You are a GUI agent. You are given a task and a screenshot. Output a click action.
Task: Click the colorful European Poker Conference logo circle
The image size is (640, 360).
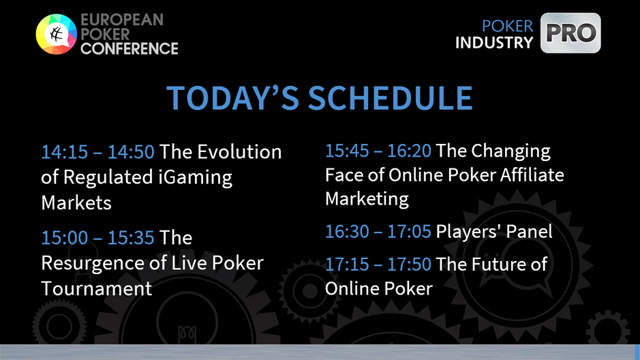(x=57, y=34)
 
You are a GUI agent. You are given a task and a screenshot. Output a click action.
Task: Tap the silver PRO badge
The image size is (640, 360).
(x=570, y=33)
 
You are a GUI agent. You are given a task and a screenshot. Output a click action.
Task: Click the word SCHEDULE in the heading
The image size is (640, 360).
(x=391, y=98)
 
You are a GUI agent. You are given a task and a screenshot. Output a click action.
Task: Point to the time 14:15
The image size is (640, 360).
(x=65, y=152)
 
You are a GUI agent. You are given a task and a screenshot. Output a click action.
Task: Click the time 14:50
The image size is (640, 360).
(x=131, y=152)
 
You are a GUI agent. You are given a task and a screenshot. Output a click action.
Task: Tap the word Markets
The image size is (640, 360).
(x=76, y=203)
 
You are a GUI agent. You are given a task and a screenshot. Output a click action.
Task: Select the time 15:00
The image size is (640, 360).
(x=65, y=237)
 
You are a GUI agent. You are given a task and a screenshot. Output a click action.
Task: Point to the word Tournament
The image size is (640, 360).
(x=97, y=288)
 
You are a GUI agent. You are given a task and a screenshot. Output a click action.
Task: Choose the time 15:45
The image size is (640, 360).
(x=348, y=151)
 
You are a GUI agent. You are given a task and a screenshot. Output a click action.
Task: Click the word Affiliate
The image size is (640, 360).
(x=532, y=175)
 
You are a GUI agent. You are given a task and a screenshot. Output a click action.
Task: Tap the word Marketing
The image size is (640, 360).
(x=367, y=199)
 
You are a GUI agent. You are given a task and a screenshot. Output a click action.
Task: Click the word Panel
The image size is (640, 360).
(x=529, y=231)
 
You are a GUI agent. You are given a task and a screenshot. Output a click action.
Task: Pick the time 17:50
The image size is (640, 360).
(x=409, y=264)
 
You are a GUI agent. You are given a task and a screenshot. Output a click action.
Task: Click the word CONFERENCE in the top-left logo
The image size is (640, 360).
(x=129, y=48)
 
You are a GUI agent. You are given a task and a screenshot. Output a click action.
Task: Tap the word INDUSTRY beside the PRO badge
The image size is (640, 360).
(x=494, y=42)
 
